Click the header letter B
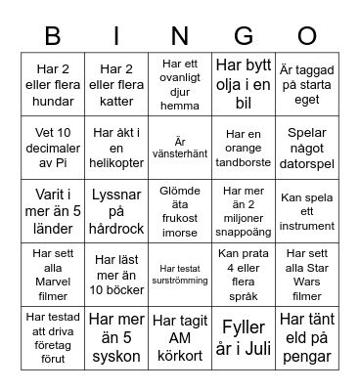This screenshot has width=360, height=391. point(53,36)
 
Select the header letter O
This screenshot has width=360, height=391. point(307,36)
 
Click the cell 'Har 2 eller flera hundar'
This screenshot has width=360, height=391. point(53,84)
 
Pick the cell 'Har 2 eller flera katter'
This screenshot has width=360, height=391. point(116,84)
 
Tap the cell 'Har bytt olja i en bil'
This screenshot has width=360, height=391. point(244,84)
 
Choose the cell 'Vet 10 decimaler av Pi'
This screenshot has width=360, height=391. point(53,148)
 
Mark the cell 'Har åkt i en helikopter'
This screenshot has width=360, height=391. point(116,148)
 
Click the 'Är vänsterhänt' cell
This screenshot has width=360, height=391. point(180,148)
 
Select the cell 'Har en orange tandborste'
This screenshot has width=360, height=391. point(244,148)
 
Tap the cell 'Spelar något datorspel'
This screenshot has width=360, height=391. point(307,148)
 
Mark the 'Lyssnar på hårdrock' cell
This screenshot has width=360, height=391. point(116,211)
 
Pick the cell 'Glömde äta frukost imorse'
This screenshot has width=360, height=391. point(180,211)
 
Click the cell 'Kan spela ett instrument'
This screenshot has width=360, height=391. point(307,211)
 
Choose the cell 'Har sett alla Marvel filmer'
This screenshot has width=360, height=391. point(53,275)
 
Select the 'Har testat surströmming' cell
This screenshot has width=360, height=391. point(180,275)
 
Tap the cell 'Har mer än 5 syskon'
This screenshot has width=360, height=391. point(116,338)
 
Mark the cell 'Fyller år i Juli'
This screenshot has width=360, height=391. point(244,338)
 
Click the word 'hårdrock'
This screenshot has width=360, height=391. point(116,229)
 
